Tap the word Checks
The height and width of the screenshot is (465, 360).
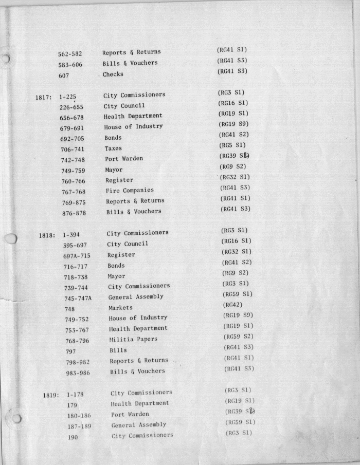[113, 74]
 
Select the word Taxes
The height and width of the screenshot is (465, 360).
[113, 148]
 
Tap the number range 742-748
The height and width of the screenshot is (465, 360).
[74, 160]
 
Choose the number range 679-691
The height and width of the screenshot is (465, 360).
[73, 128]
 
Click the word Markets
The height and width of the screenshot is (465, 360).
[120, 308]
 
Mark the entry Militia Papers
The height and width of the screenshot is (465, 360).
[133, 340]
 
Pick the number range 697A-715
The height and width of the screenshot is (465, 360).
[77, 256]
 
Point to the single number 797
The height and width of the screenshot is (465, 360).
[70, 351]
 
